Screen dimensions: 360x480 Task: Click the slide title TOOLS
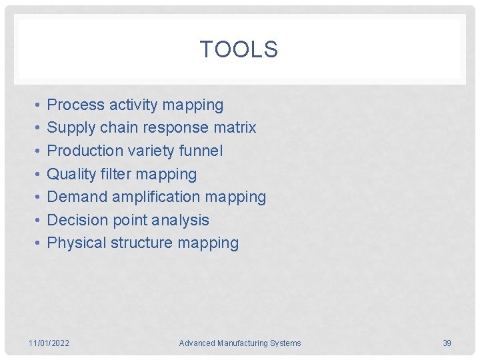(239, 49)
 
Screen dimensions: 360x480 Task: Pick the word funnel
(201, 151)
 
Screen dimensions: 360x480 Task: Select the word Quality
(72, 174)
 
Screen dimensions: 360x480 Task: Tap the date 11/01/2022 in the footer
(49, 343)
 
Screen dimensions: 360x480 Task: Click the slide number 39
(447, 343)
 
